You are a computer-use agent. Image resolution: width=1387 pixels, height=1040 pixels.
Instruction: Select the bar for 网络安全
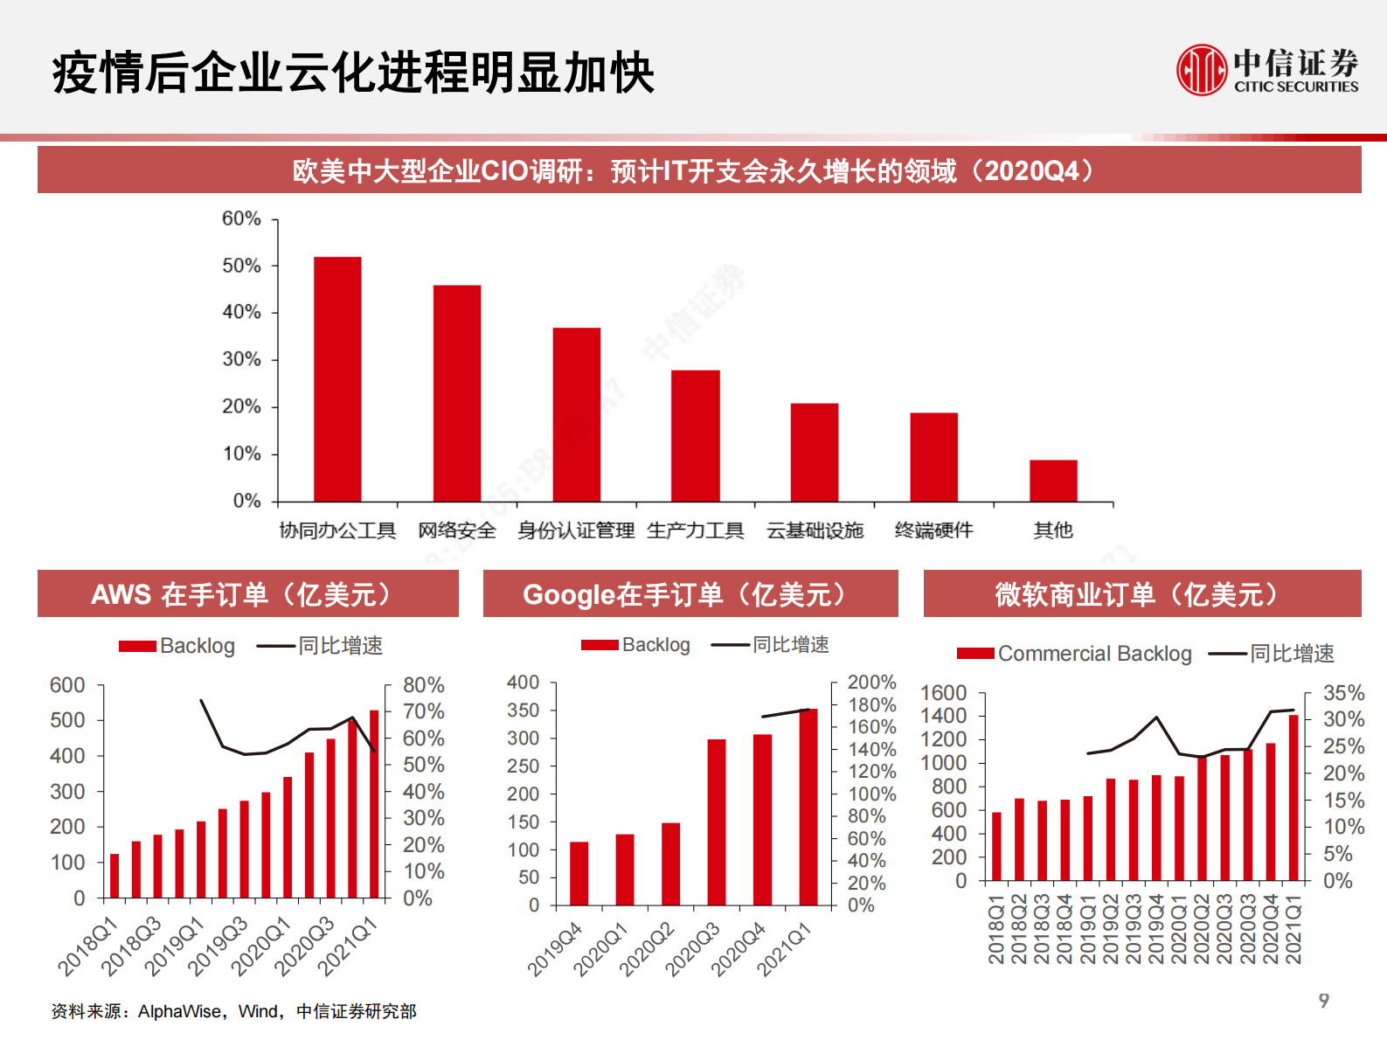pyautogui.click(x=456, y=392)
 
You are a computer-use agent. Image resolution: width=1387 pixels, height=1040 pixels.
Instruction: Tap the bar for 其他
pyautogui.click(x=1053, y=481)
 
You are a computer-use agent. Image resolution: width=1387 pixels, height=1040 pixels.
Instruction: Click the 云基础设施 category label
pyautogui.click(x=815, y=530)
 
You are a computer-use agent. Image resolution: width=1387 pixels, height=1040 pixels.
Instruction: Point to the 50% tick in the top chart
pyautogui.click(x=241, y=266)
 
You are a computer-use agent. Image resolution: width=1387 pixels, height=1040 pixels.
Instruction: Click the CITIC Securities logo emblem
pyautogui.click(x=1202, y=70)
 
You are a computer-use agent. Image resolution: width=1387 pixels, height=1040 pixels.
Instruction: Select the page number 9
pyautogui.click(x=1323, y=1001)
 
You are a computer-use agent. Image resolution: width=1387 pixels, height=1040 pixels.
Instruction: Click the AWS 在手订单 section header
pyautogui.click(x=247, y=594)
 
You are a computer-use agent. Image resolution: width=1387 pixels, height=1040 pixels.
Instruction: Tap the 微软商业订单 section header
pyautogui.click(x=1141, y=594)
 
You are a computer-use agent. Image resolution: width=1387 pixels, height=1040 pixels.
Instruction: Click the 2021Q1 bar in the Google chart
pyautogui.click(x=808, y=806)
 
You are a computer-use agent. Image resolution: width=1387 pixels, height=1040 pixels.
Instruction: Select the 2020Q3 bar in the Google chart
pyautogui.click(x=717, y=822)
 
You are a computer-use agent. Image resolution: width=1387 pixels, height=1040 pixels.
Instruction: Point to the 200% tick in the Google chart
pyautogui.click(x=871, y=683)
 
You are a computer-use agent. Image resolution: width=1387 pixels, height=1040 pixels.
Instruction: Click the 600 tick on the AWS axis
pyautogui.click(x=67, y=685)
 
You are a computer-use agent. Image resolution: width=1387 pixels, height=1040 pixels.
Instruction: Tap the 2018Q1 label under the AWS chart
pyautogui.click(x=87, y=946)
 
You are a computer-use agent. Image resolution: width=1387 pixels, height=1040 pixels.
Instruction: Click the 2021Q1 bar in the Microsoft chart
pyautogui.click(x=1293, y=797)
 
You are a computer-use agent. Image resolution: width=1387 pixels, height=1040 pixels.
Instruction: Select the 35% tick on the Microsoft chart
pyautogui.click(x=1343, y=693)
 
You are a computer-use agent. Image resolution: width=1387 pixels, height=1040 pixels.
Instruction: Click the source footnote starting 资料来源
pyautogui.click(x=233, y=1011)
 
